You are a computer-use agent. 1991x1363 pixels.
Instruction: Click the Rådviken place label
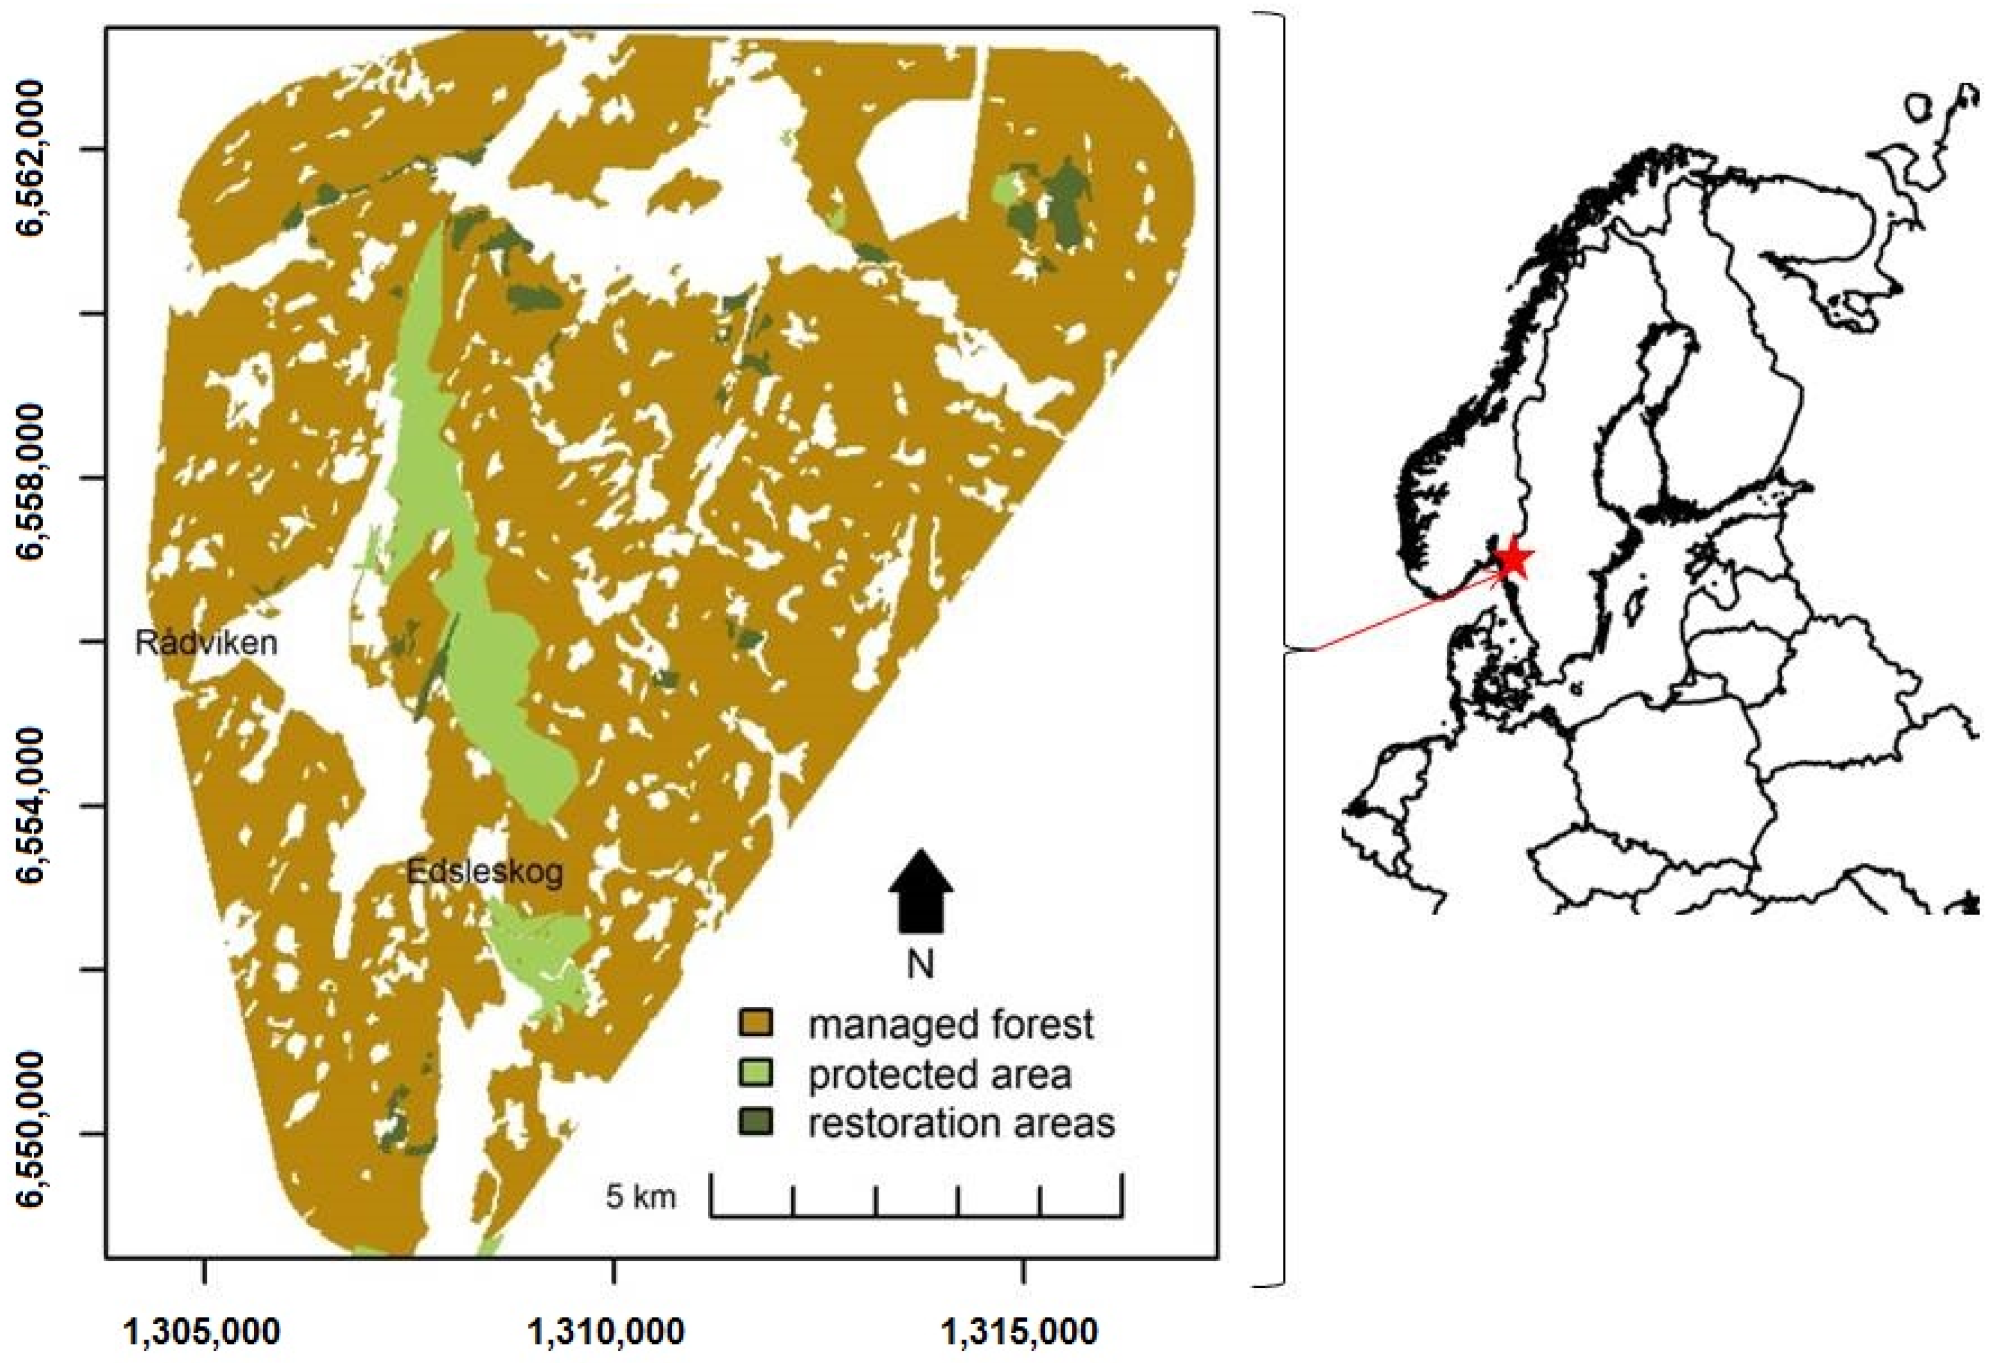click(x=206, y=642)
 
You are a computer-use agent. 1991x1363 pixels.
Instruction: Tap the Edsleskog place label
click(x=485, y=872)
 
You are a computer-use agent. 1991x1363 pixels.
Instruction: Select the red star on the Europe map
click(x=1514, y=560)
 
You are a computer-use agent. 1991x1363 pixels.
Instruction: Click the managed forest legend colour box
click(x=755, y=1023)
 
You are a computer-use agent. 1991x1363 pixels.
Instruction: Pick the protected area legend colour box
click(x=755, y=1073)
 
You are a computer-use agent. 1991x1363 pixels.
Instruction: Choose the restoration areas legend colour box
click(x=755, y=1123)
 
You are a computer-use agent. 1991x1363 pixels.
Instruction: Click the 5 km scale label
click(x=641, y=1196)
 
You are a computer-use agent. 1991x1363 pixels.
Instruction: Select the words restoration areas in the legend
click(x=961, y=1123)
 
